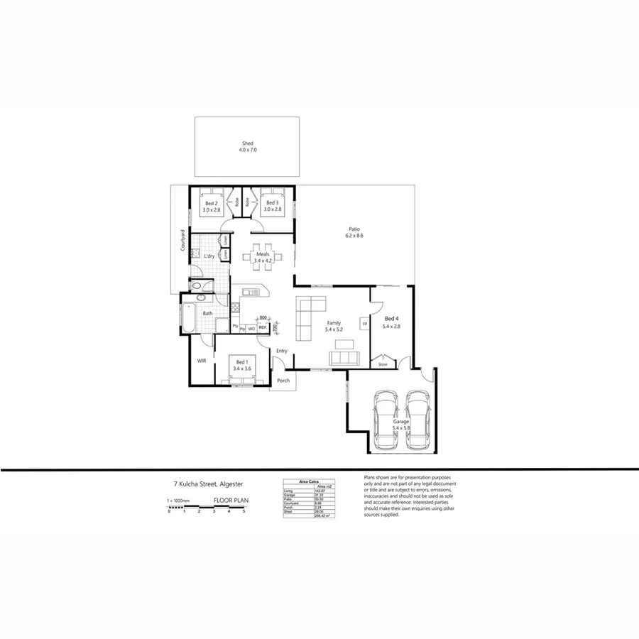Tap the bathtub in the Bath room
[188, 317]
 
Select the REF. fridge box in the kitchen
[262, 328]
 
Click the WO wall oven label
[251, 329]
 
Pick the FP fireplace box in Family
[365, 324]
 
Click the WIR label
[202, 361]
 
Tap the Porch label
[283, 381]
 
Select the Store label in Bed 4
[383, 364]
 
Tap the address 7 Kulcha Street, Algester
[208, 484]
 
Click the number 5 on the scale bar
[244, 511]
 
